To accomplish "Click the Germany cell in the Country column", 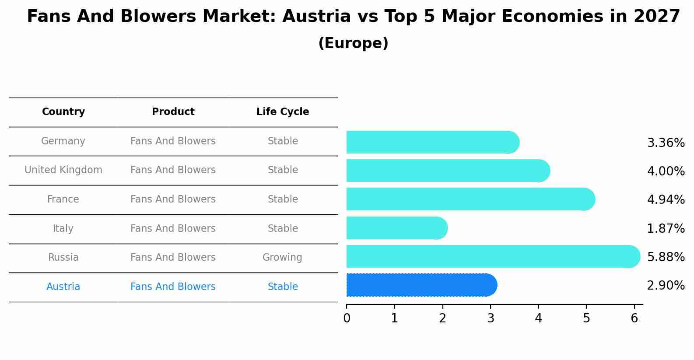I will [63, 141].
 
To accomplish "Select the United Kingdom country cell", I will [63, 170].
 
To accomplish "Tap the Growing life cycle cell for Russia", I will [282, 258].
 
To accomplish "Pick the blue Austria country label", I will [63, 287].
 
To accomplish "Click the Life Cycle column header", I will [283, 112].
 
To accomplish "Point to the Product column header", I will [173, 112].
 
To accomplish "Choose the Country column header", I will [63, 112].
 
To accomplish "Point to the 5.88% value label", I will [666, 257].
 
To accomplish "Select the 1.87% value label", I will [666, 229].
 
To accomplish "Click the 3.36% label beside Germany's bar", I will [666, 143].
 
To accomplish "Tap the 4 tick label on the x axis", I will [538, 318].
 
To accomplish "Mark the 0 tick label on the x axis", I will [347, 318].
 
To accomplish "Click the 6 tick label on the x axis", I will [634, 318].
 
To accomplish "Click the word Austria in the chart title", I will [316, 17].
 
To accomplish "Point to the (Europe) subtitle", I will [353, 43].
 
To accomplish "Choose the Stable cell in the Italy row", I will [283, 229].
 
